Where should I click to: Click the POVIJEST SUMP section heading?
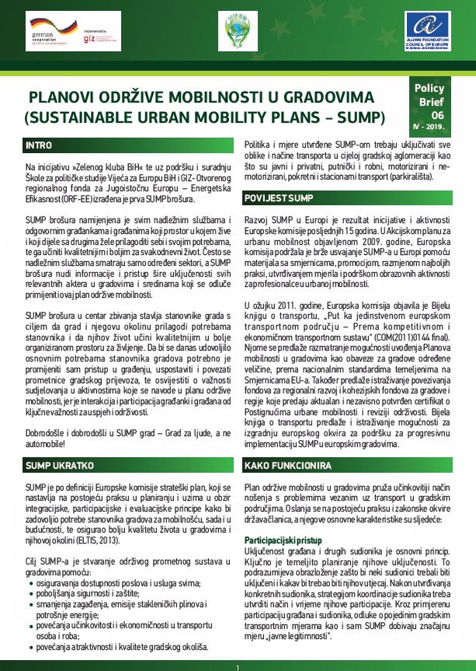point(279,197)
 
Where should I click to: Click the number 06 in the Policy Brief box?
point(436,114)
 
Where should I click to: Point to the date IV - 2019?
point(429,126)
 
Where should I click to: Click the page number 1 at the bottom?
point(238,667)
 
